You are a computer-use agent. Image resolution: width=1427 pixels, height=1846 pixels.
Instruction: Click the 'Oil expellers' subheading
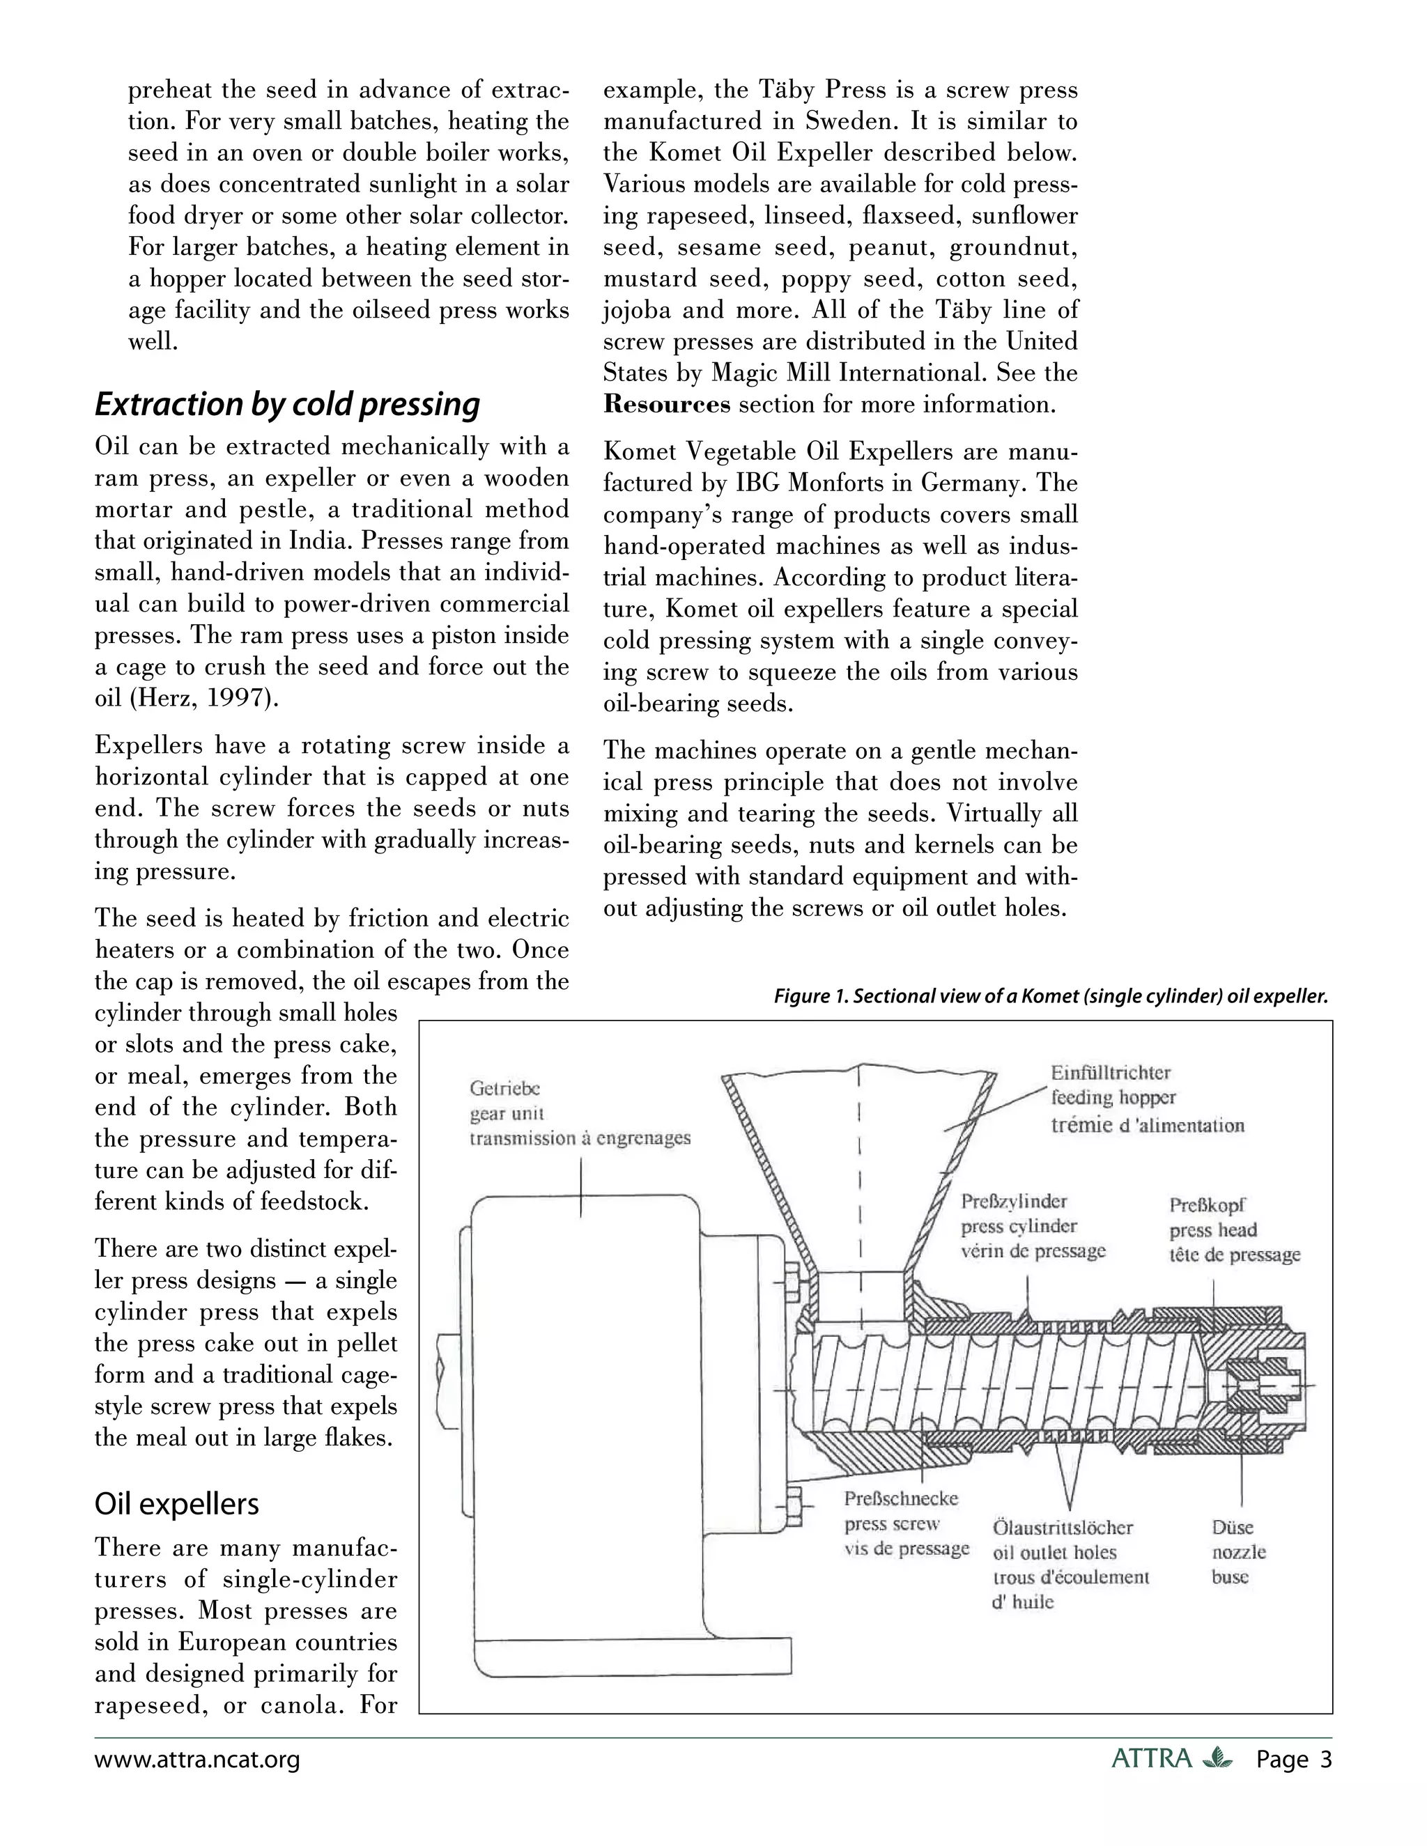177,1504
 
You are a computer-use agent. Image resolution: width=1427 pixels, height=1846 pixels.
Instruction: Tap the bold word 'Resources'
667,404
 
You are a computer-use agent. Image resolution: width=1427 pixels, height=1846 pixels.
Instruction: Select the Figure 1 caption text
1051,997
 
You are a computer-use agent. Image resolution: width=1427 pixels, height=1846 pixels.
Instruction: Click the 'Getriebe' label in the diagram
504,1089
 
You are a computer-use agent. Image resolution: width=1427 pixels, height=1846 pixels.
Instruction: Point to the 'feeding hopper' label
1113,1098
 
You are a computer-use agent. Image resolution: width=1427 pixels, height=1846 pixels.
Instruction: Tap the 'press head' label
1213,1230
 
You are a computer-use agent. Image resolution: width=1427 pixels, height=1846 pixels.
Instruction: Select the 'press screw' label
892,1524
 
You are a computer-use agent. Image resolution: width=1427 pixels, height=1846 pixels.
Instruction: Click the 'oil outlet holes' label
1054,1552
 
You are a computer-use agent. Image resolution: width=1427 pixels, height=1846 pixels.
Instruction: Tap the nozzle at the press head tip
1264,1386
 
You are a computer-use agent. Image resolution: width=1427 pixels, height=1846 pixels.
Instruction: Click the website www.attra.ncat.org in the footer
197,1760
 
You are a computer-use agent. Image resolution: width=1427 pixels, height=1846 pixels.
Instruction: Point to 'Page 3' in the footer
1293,1760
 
